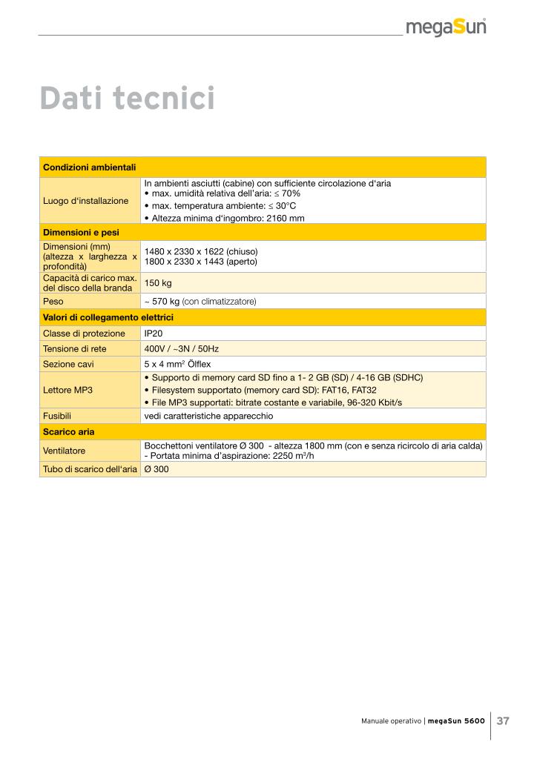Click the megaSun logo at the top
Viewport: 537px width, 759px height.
[x=446, y=29]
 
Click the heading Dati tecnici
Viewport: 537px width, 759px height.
[x=127, y=99]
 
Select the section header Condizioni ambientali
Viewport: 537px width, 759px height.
[x=89, y=168]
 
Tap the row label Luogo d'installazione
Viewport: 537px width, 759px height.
[x=85, y=201]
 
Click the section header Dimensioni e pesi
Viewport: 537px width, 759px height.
[x=81, y=232]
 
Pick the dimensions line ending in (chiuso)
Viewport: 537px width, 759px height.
[x=201, y=251]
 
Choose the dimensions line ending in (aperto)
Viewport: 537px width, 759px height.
[x=201, y=262]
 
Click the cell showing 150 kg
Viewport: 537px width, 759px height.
[x=157, y=282]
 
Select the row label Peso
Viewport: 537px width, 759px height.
[x=53, y=302]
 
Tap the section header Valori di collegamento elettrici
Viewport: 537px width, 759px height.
[x=108, y=317]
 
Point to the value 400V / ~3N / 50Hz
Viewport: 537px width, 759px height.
[x=182, y=348]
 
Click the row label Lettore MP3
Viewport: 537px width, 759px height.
[x=67, y=389]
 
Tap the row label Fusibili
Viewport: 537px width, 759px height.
[x=56, y=416]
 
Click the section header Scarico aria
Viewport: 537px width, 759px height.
[x=68, y=431]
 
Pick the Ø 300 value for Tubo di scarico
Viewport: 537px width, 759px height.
[x=157, y=469]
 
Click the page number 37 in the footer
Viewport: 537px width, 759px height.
[x=503, y=720]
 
